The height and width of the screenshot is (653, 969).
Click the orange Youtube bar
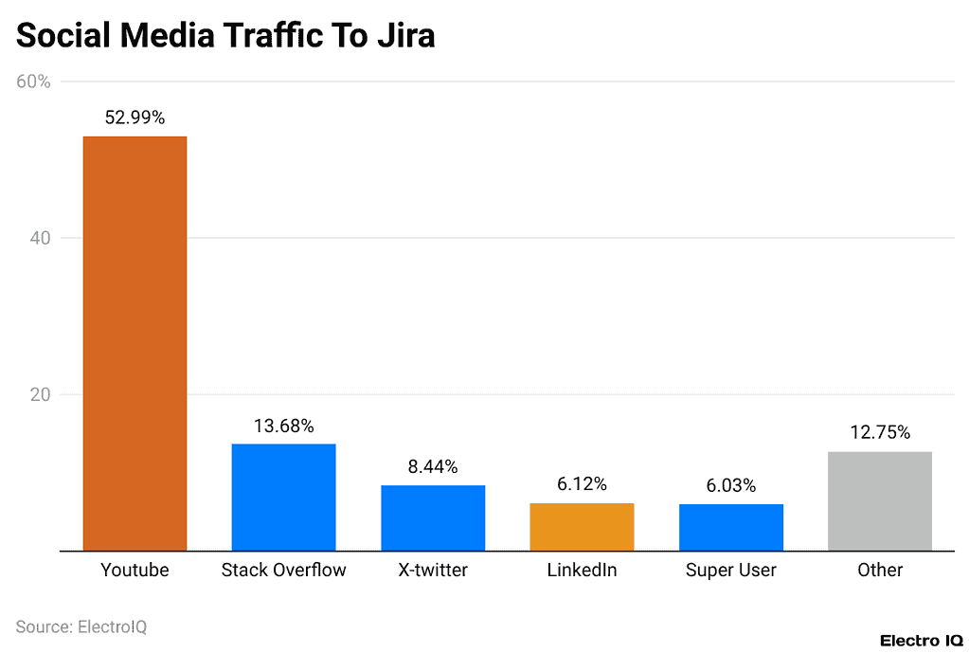(x=135, y=343)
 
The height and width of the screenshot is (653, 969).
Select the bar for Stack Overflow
(x=283, y=497)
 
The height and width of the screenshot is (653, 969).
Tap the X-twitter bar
(x=433, y=517)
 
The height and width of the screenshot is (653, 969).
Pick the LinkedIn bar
(x=582, y=526)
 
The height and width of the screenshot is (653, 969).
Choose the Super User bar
(x=730, y=527)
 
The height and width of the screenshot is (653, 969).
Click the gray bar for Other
(x=880, y=500)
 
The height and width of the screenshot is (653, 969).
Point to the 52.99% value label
(x=135, y=118)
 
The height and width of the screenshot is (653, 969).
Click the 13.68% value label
(x=283, y=426)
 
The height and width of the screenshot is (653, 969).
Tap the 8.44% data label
(x=433, y=466)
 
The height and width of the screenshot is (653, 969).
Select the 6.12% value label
(x=582, y=484)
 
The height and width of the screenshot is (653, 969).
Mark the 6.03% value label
(x=730, y=485)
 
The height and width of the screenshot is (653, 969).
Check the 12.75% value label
(x=880, y=432)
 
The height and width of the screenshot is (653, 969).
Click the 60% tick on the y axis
(x=34, y=82)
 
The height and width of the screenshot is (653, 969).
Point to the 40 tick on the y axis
(x=40, y=238)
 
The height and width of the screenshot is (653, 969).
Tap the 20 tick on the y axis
(x=40, y=394)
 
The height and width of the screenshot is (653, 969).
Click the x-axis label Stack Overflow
(x=283, y=570)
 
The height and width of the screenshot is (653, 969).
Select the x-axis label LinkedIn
(x=582, y=570)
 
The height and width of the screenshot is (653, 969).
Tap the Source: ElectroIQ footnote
(x=81, y=626)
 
